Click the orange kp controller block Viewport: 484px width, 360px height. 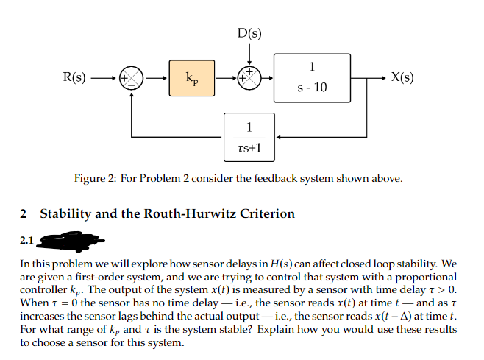pos(191,77)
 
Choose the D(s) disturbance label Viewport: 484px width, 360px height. pos(249,33)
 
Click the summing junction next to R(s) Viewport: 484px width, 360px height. pos(132,77)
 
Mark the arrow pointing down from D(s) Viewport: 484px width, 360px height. pos(249,56)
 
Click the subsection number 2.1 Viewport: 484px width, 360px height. pos(27,239)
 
